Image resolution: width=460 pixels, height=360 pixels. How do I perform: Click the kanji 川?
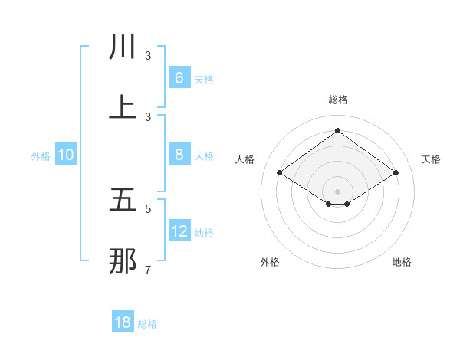coord(123,47)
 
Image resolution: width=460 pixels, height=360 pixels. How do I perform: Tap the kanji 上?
coord(123,108)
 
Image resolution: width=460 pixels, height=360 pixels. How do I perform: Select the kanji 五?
coord(123,201)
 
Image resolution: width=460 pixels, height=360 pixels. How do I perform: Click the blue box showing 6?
coord(179,78)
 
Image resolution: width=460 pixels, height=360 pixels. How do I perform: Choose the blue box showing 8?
coord(179,155)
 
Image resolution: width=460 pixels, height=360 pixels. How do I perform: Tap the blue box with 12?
coord(179,231)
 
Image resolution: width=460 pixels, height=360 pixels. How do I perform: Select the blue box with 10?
coord(66,155)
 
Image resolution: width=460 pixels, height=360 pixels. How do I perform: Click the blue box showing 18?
coord(123,322)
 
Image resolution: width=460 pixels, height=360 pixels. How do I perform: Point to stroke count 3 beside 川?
coord(148,56)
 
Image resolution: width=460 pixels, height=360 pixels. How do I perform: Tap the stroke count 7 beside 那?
coord(148,270)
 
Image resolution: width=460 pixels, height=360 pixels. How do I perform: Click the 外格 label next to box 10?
coord(41,156)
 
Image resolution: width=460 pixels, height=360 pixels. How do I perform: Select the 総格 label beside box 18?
coord(147,324)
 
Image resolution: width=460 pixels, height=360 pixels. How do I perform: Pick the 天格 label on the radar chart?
coord(431,159)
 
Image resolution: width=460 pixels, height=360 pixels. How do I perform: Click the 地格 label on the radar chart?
coord(402,262)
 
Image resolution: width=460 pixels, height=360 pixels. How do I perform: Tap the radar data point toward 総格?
coord(337,131)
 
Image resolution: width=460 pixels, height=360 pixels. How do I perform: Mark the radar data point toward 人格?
coord(280,173)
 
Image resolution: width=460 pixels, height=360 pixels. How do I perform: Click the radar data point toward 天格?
coord(396,173)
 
